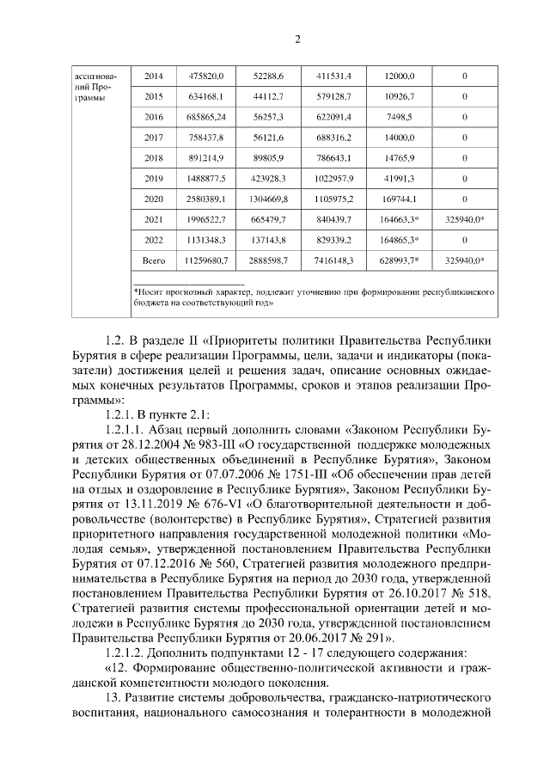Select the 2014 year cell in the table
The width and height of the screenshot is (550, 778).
coord(154,76)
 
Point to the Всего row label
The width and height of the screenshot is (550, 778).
coord(154,259)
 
